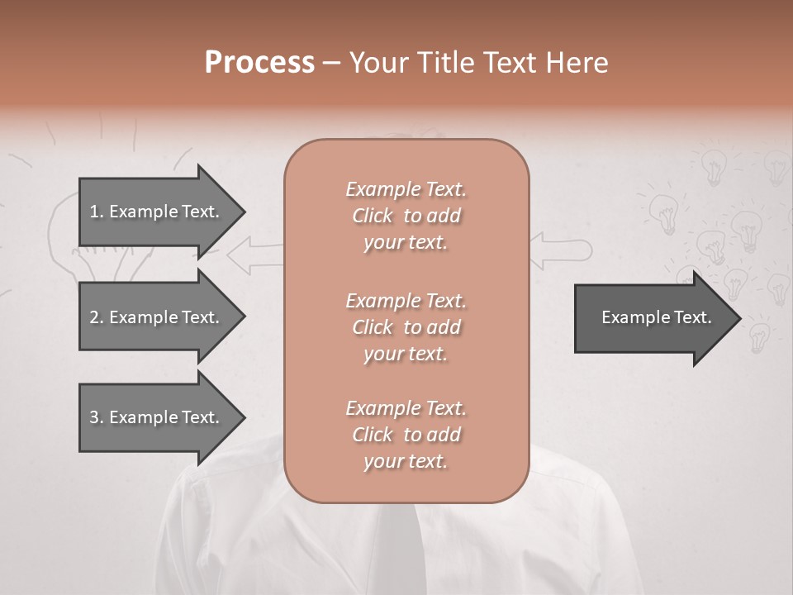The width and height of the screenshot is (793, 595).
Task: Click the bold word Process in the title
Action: pos(259,63)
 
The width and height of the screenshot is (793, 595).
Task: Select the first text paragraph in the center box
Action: pos(406,216)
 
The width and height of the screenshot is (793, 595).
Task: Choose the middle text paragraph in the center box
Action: pos(406,326)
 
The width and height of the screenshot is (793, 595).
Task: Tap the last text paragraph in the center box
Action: pos(406,435)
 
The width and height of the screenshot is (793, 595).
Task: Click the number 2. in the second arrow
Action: pos(96,317)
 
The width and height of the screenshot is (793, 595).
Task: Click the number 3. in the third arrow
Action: pos(96,417)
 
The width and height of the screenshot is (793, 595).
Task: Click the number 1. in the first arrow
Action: pos(96,212)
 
